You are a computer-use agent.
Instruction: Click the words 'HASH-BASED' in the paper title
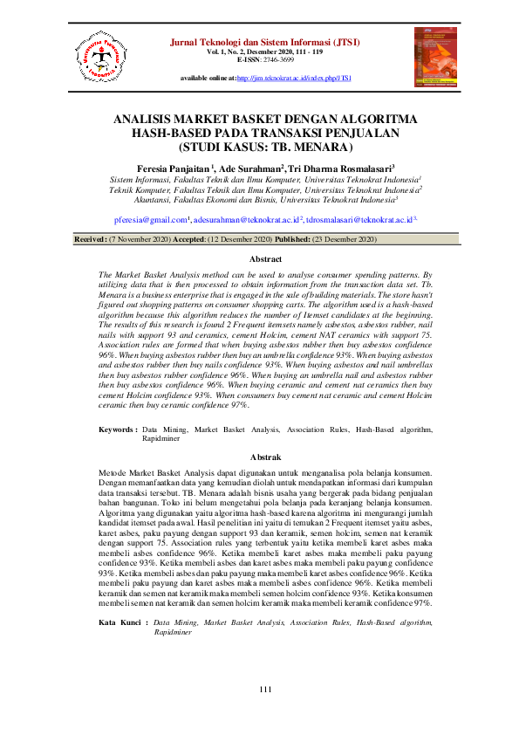167,134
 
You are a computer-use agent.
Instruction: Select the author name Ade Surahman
274,168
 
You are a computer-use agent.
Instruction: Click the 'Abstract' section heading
265,259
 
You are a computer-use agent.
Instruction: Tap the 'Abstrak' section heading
265,457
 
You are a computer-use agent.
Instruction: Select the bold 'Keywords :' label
117,430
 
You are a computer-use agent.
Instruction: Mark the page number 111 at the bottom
266,691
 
